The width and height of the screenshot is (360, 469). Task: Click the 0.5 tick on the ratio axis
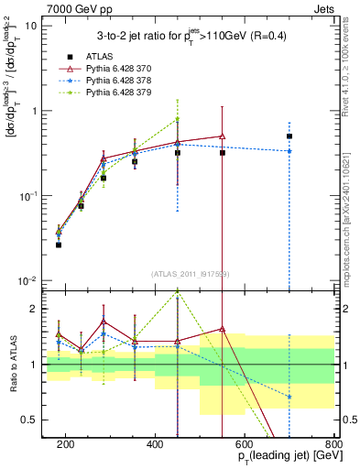click(x=33, y=420)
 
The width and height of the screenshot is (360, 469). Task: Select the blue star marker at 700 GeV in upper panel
click(x=289, y=151)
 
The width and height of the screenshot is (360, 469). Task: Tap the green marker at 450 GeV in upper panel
click(x=178, y=119)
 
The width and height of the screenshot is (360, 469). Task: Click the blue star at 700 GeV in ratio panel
click(x=289, y=397)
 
